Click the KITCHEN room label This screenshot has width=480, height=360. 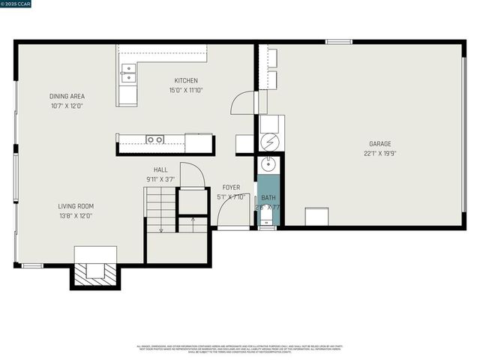186,81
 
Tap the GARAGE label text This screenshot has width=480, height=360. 379,143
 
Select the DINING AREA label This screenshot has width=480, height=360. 67,96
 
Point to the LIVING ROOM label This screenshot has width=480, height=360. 76,206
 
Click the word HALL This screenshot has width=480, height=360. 160,170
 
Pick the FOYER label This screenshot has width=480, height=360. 231,187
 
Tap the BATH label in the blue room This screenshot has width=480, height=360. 268,198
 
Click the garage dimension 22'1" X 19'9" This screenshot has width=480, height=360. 379,153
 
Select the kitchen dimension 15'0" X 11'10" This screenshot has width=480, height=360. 186,90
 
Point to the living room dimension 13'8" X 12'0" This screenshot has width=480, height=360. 76,215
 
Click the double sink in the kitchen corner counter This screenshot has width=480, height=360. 128,73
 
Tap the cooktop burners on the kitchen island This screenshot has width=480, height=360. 155,139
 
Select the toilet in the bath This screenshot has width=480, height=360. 268,220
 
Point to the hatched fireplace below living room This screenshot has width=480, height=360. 94,273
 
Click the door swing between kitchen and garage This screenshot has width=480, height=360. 244,103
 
